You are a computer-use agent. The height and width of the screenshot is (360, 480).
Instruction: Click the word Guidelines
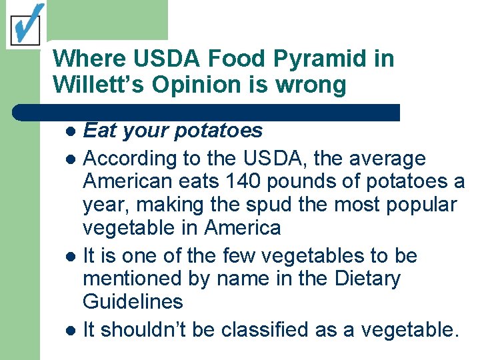[x=133, y=301]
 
